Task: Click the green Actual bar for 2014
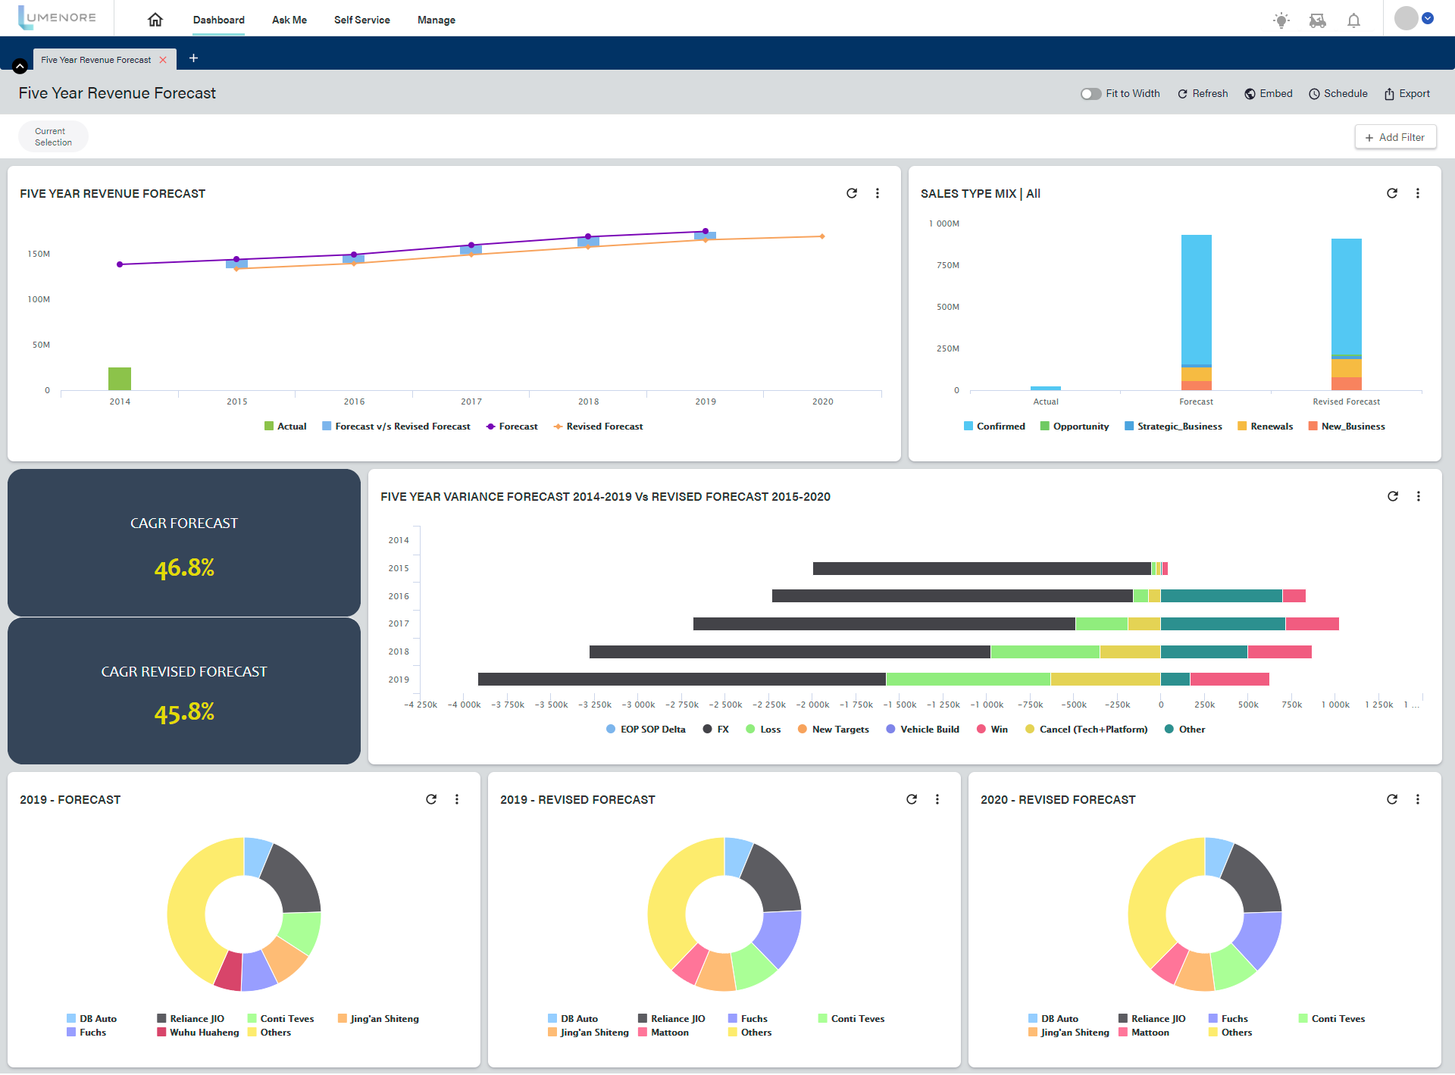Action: tap(120, 379)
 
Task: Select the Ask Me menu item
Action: tap(289, 20)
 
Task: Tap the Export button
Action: tap(1407, 94)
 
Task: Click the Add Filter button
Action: tap(1395, 137)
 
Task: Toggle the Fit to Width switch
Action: tap(1090, 94)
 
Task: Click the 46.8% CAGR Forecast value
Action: tap(184, 568)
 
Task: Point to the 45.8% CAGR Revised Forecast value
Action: tap(184, 712)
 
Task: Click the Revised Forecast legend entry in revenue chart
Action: tap(598, 427)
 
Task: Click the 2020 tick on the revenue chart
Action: tap(822, 402)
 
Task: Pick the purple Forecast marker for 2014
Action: tap(120, 264)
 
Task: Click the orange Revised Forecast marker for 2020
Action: tap(822, 236)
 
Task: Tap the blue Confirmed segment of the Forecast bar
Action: tap(1196, 299)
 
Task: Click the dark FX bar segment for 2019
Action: tap(681, 680)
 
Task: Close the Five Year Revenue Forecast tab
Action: tap(163, 60)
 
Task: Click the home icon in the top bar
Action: tap(155, 20)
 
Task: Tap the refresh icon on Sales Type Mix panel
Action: tap(1392, 193)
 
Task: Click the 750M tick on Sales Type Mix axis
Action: tap(947, 265)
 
